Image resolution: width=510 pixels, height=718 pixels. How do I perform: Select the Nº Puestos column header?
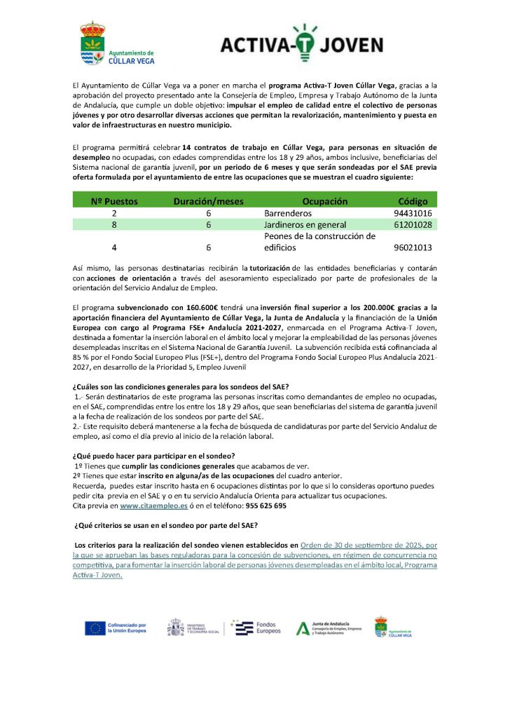114,201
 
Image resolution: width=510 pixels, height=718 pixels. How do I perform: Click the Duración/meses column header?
208,201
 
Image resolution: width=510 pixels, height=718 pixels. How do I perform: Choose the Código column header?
413,201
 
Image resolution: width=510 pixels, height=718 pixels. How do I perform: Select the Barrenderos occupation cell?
288,212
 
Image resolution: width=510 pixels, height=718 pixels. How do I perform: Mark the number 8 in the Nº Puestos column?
114,224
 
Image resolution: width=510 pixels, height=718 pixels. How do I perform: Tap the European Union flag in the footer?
95,628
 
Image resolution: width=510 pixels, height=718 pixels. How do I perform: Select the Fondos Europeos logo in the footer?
257,628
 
